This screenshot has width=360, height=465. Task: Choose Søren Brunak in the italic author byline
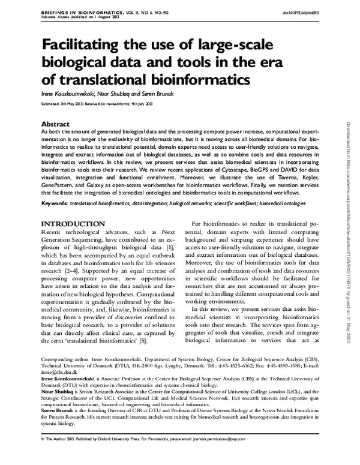click(x=143, y=95)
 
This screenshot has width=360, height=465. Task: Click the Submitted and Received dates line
click(x=97, y=104)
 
